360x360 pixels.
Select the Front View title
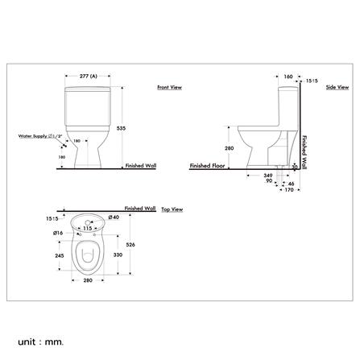click(168, 87)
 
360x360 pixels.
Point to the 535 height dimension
click(121, 126)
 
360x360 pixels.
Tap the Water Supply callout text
click(40, 136)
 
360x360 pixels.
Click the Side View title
click(336, 86)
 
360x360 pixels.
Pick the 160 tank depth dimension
click(288, 77)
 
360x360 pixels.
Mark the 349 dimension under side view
click(268, 174)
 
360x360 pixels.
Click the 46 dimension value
click(291, 184)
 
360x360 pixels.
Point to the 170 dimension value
click(286, 191)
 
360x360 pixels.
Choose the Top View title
click(172, 209)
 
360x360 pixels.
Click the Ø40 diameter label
click(114, 217)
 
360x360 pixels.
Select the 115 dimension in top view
click(88, 227)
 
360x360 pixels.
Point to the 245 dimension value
click(59, 254)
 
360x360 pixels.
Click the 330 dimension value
click(118, 254)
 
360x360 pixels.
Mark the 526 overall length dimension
click(131, 245)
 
